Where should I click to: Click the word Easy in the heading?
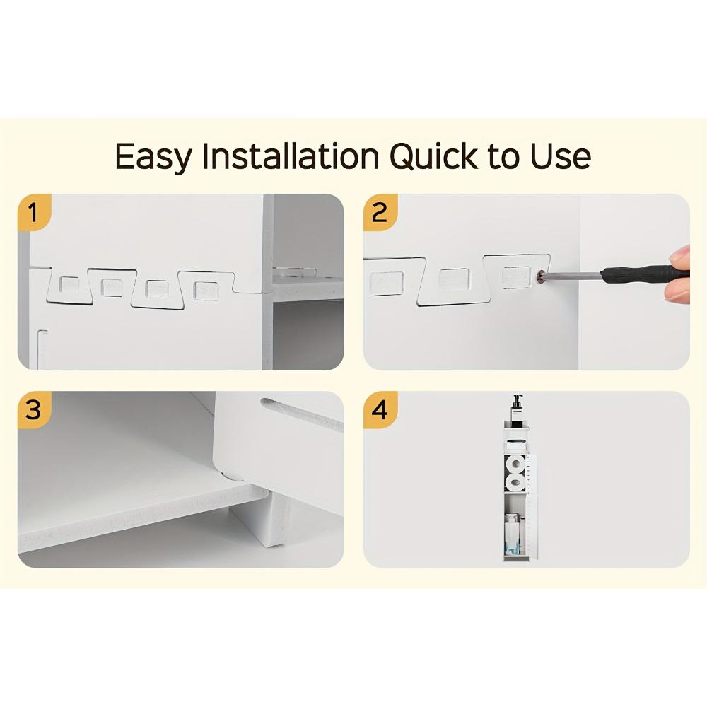tap(153, 156)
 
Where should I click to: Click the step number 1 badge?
tap(33, 212)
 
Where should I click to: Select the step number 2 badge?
tap(380, 212)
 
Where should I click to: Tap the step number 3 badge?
tap(33, 409)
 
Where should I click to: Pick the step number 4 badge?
tap(380, 409)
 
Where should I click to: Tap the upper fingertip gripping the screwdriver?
tap(680, 255)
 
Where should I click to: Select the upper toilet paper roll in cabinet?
tap(516, 464)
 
